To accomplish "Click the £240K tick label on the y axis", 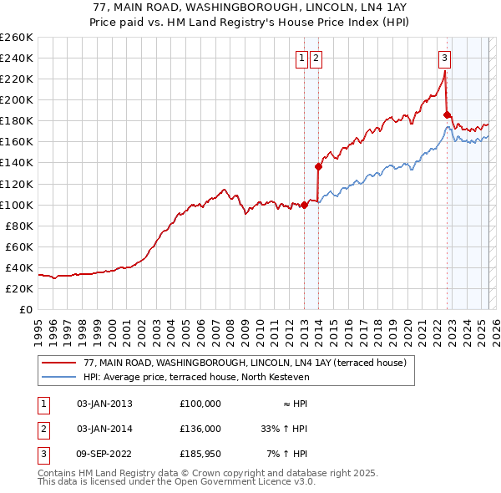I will (x=17, y=58).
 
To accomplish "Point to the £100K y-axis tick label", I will (x=17, y=205).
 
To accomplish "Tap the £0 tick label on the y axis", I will (x=26, y=309).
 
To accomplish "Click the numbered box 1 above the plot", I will (x=301, y=58).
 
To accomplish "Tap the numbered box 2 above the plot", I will (x=316, y=58).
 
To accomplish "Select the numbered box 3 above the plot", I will (x=444, y=58).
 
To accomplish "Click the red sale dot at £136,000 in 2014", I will (x=318, y=166).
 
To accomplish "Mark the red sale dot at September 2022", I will (x=447, y=114).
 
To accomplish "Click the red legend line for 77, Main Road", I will (x=60, y=363).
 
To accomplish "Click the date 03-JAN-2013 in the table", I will (x=104, y=404).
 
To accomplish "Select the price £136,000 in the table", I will (x=200, y=429).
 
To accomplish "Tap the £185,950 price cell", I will (x=200, y=454).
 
